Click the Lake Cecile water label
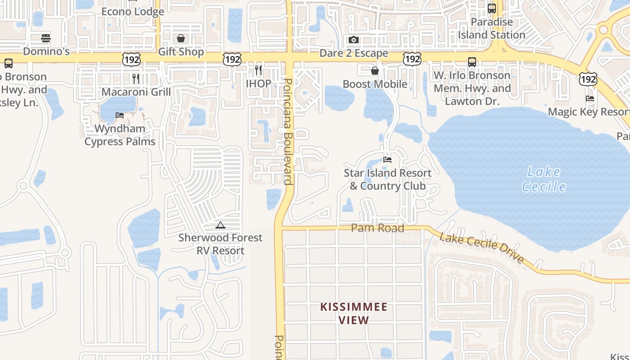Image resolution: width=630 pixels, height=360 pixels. coord(544,179)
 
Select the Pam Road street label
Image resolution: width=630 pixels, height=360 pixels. coord(377,228)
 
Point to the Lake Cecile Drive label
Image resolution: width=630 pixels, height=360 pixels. coord(481,248)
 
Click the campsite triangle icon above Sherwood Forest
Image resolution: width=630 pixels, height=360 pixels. coord(220,225)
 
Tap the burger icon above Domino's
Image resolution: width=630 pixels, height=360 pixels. coord(46,38)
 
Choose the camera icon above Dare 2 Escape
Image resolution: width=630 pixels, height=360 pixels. coord(354,40)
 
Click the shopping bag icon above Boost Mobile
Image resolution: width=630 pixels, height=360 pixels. coord(374,71)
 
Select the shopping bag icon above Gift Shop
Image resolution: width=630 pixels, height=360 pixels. coord(180,38)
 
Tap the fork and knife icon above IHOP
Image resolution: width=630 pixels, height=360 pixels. coord(258,70)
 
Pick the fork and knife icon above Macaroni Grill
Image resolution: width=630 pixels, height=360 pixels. coord(136,78)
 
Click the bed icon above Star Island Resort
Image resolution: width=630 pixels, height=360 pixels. coord(387,159)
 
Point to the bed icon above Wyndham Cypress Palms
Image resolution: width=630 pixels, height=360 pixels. coord(120,115)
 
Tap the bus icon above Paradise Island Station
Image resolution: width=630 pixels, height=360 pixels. coord(492,8)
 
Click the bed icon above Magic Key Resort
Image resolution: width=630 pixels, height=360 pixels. coord(590,99)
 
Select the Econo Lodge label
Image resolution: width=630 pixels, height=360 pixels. coord(133,11)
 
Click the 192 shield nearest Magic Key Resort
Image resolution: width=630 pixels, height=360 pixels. coord(588,80)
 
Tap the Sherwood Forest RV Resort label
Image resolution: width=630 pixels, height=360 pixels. coord(220,244)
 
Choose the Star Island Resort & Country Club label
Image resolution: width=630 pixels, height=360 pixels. coord(387,179)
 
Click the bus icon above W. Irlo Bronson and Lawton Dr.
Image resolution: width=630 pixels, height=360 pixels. coord(472,62)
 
